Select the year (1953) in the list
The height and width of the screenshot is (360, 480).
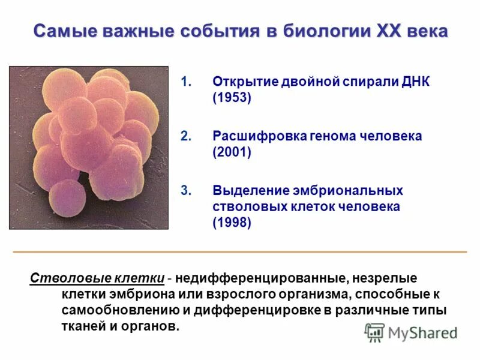click(x=231, y=98)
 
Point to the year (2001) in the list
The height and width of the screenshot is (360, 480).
click(x=231, y=152)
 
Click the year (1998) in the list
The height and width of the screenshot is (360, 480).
click(x=231, y=223)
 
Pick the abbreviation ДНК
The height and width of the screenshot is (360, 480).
click(x=413, y=82)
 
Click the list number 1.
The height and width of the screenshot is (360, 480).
click(x=185, y=82)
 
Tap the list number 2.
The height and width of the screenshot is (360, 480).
click(x=185, y=136)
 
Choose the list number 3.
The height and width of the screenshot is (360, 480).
click(x=185, y=191)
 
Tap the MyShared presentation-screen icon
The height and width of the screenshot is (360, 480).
click(x=375, y=332)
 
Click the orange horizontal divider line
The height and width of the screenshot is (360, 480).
click(x=240, y=250)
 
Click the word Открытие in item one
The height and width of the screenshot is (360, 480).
click(x=243, y=82)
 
